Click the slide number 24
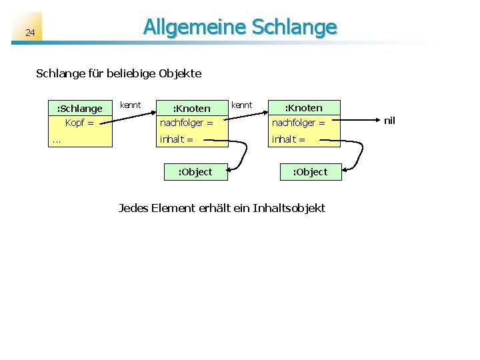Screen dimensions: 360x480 (30, 33)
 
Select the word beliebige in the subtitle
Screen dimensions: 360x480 (129, 73)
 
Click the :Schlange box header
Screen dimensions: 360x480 (80, 108)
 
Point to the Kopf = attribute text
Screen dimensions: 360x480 (79, 123)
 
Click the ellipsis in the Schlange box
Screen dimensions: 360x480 (57, 139)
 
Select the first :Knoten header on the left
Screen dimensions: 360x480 (191, 108)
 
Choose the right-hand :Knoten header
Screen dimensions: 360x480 (303, 107)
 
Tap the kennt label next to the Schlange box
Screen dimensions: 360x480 (130, 105)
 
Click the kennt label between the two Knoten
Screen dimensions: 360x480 (241, 105)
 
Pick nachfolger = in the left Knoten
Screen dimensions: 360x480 (186, 123)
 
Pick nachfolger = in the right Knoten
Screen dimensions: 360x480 (298, 123)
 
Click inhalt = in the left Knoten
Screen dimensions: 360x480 (176, 139)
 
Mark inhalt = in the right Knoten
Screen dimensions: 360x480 (288, 139)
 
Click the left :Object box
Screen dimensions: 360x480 (195, 171)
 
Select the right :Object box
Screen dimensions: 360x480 (310, 171)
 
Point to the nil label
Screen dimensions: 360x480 (389, 121)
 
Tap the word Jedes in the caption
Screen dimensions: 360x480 (133, 208)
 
